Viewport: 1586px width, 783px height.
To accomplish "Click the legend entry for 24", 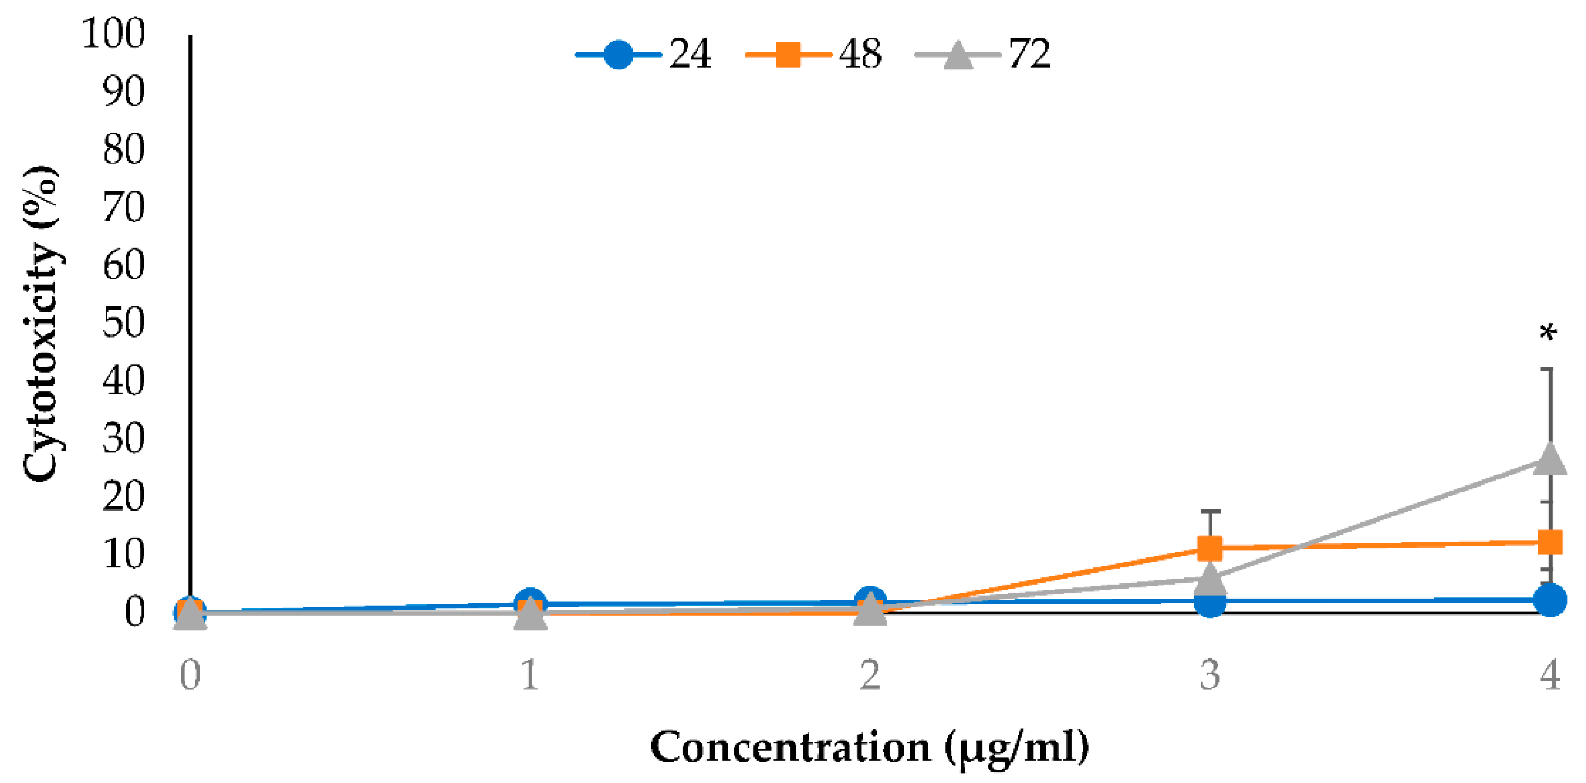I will point(643,54).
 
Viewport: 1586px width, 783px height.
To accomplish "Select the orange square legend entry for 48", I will point(813,54).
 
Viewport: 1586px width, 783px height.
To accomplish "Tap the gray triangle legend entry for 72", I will point(983,54).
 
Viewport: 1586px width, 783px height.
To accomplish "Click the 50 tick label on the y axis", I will point(124,322).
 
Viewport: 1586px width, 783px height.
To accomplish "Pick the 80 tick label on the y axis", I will point(124,149).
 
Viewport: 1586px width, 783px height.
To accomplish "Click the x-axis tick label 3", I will point(1210,675).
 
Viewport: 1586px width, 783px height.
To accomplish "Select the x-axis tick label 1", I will point(530,675).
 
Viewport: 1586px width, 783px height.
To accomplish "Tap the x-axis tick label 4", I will point(1550,675).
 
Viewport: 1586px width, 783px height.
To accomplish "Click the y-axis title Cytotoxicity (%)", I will point(42,323).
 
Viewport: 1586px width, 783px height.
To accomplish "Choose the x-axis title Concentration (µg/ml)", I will point(870,747).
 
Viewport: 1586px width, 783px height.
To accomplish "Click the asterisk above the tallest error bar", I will point(1548,333).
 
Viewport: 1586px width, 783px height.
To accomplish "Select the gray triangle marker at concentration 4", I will point(1550,459).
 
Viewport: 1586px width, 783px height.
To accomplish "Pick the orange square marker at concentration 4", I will point(1550,542).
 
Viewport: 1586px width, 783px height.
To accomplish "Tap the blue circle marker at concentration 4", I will point(1550,600).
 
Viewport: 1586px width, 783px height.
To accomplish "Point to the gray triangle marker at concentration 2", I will point(870,610).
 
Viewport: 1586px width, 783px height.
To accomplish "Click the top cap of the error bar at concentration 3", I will point(1210,511).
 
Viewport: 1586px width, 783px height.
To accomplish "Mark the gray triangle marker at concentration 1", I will point(530,614).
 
